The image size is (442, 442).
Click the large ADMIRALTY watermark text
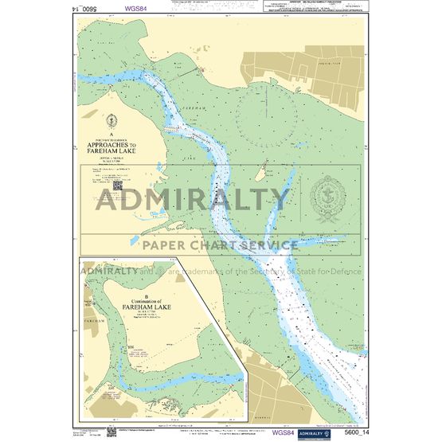pos(194,198)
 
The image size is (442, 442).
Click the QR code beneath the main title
pos(117,185)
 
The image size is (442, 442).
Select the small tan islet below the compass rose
pos(259,172)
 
